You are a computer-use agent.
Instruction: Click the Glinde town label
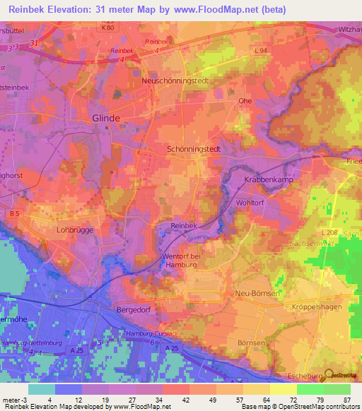[106, 119]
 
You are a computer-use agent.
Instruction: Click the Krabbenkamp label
[268, 181]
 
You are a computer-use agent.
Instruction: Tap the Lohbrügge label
[75, 230]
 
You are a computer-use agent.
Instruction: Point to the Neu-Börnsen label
[248, 292]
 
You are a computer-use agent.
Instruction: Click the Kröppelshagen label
[317, 308]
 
